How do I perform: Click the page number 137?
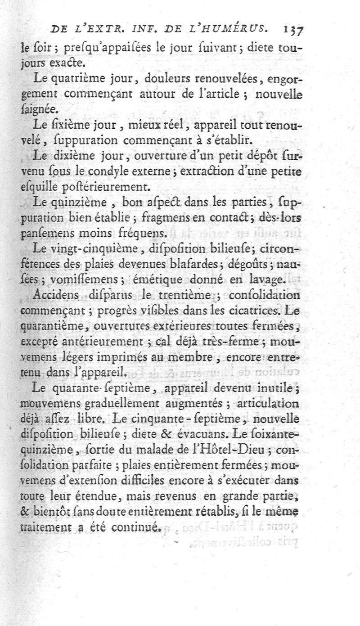point(293,30)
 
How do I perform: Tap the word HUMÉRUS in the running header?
point(239,30)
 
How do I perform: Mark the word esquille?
point(37,186)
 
